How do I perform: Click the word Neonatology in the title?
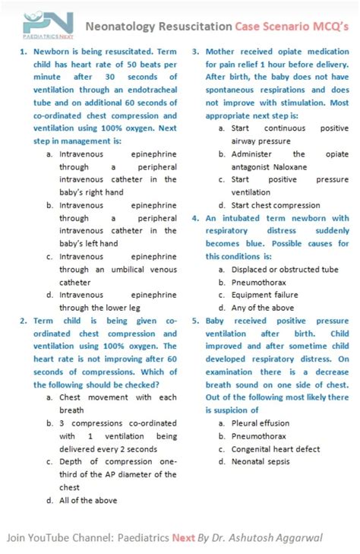coord(120,27)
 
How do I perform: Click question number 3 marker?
coord(195,52)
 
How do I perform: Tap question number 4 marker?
coord(195,218)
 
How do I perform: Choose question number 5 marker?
coord(195,321)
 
